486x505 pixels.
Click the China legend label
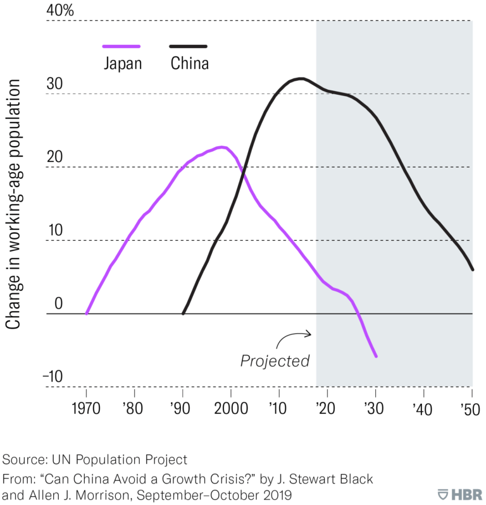189,64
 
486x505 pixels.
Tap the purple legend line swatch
121,46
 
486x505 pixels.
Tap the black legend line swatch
188,46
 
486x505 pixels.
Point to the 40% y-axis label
61,10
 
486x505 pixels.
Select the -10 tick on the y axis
54,377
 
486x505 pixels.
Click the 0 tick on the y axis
59,304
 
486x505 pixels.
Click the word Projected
275,361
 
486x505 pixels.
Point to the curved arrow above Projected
296,337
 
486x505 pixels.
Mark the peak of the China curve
302,78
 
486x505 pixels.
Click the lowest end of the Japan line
376,356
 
